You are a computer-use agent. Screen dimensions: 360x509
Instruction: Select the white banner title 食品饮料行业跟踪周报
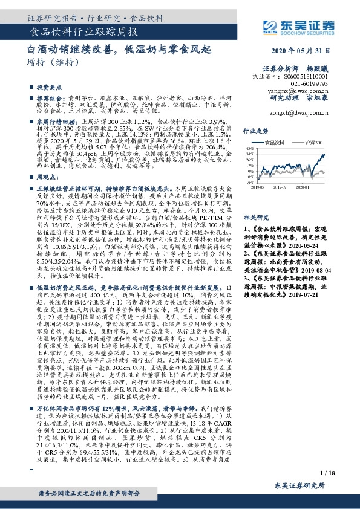tap(84, 31)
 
